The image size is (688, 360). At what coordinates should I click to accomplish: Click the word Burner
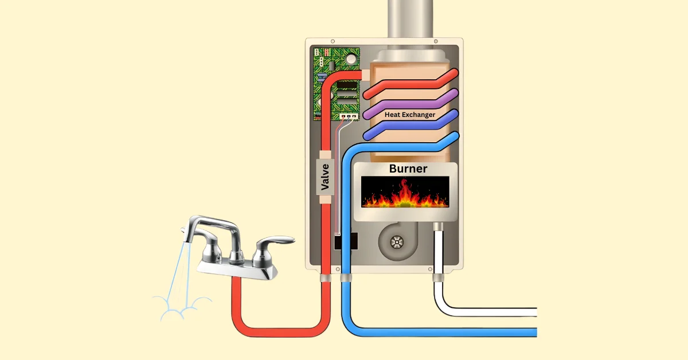[408, 169]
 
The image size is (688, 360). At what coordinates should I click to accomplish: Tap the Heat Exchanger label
[409, 115]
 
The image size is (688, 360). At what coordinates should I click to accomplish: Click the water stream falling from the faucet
[181, 269]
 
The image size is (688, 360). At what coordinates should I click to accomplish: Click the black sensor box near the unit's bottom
[346, 241]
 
